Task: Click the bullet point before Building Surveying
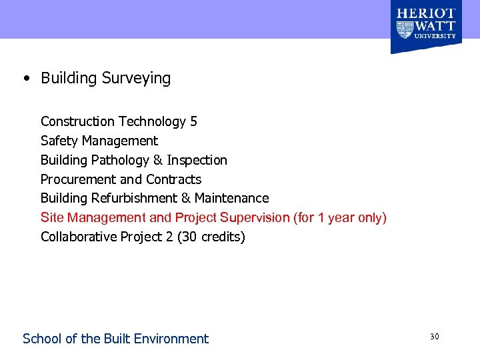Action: click(x=25, y=79)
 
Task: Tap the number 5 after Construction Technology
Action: click(x=193, y=121)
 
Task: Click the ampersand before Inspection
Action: click(x=157, y=160)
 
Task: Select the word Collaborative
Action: click(x=79, y=237)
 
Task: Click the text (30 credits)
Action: click(x=211, y=237)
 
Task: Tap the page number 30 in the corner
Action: click(x=434, y=337)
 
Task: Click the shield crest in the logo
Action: click(x=405, y=29)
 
